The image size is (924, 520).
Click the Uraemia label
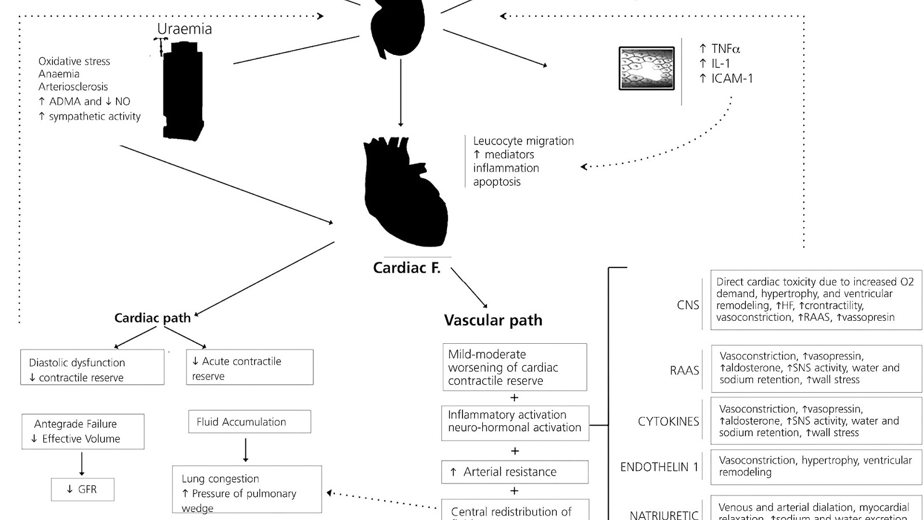(184, 29)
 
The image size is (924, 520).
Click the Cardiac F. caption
(407, 268)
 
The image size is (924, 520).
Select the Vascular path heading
(493, 320)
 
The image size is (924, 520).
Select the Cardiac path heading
(152, 318)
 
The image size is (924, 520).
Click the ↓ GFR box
(82, 489)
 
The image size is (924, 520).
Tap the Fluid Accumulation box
(249, 422)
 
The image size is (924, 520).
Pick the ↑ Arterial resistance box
(515, 472)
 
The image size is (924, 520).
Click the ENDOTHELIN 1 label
(659, 467)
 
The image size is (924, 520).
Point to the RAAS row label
(684, 370)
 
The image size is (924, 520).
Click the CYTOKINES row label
(668, 421)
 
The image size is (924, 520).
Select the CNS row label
(688, 305)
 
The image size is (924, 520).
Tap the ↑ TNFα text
(720, 49)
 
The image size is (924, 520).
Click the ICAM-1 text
(732, 79)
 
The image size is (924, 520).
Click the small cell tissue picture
(646, 68)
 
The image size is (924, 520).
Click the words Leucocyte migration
(523, 141)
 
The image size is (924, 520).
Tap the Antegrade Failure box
(83, 431)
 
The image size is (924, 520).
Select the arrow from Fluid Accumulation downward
(246, 450)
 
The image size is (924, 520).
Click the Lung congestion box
(247, 489)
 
